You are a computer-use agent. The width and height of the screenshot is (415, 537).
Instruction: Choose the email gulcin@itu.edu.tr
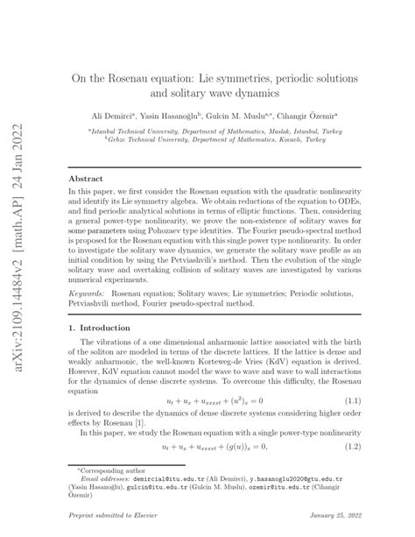173,487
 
